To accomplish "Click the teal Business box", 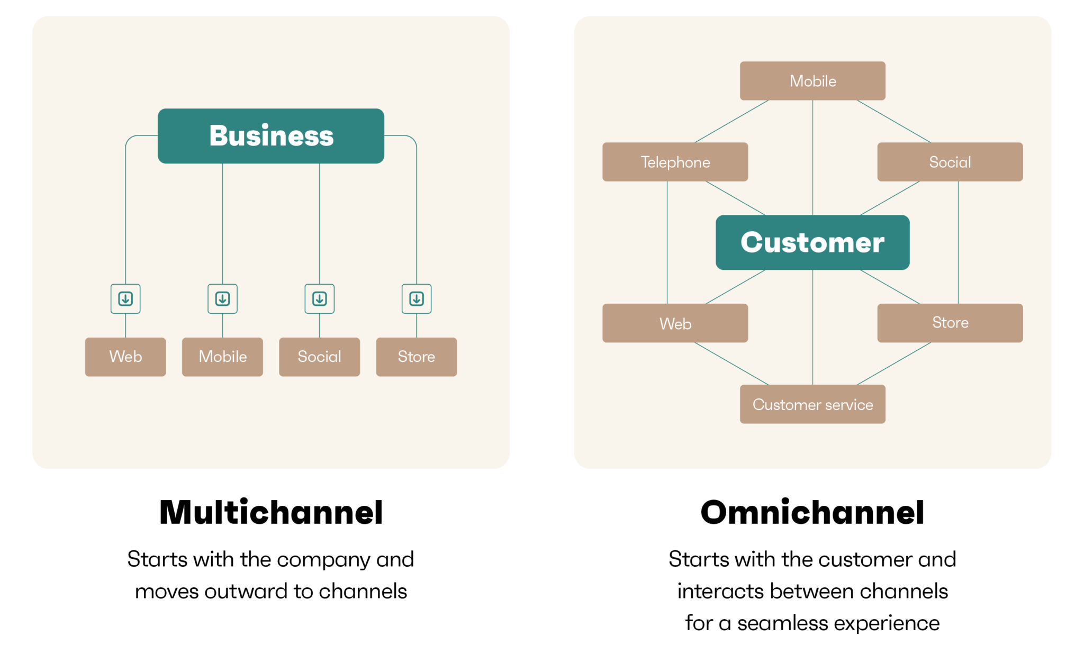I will click(271, 136).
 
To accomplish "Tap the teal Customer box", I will click(812, 242).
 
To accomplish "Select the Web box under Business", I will click(125, 357).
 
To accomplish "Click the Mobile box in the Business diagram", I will click(222, 357).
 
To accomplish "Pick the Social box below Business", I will click(319, 357).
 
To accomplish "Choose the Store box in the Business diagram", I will click(417, 357).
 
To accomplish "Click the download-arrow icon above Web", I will click(125, 299).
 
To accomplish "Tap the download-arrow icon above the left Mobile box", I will click(222, 299).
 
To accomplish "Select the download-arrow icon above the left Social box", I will click(319, 299).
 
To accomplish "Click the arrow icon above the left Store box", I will click(417, 299).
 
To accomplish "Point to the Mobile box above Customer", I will click(812, 81).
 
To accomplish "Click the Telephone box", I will click(675, 162).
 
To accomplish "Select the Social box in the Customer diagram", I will click(950, 162).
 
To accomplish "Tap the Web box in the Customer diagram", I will click(675, 323).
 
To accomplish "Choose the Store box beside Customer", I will click(950, 323).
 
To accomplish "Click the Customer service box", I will click(812, 404).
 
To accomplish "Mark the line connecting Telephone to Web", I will click(667, 242).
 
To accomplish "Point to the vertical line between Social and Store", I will click(958, 242).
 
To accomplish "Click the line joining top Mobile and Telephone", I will click(731, 121).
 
